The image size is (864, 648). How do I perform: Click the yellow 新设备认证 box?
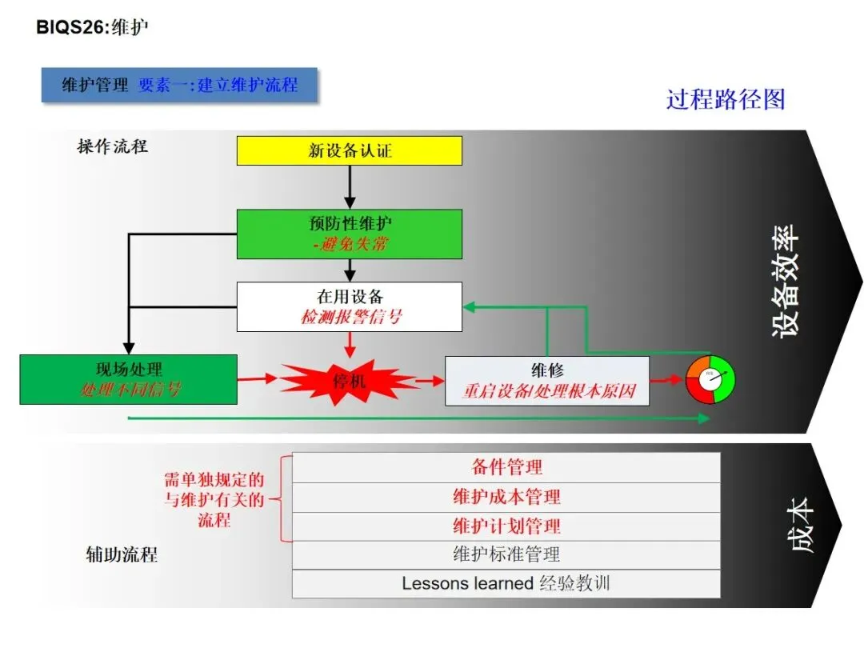(x=350, y=150)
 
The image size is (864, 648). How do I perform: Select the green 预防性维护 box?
(x=350, y=234)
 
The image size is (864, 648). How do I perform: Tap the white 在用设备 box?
(x=350, y=306)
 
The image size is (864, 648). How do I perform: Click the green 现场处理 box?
(x=128, y=379)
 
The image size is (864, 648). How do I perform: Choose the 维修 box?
(x=547, y=381)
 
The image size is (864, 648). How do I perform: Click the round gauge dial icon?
(x=710, y=379)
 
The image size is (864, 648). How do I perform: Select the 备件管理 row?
(x=506, y=467)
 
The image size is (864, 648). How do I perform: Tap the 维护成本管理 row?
(x=506, y=497)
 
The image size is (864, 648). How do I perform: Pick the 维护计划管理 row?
(x=506, y=526)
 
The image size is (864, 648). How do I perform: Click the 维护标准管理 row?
(x=506, y=554)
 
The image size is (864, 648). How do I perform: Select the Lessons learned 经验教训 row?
(x=506, y=583)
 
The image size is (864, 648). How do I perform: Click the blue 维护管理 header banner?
(x=179, y=85)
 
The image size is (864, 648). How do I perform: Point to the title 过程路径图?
(x=726, y=99)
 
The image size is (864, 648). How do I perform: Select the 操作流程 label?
(x=112, y=146)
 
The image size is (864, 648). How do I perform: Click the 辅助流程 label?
(x=121, y=554)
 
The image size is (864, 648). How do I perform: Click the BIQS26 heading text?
(x=93, y=27)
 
